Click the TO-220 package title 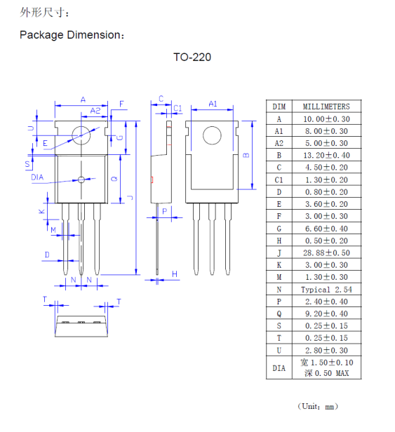[x=192, y=57]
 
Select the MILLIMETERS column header [x=326, y=107]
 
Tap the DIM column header [x=279, y=107]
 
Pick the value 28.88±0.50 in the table [x=326, y=252]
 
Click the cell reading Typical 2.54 [x=326, y=290]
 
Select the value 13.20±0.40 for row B [x=326, y=156]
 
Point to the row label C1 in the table [x=279, y=180]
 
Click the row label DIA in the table [x=279, y=368]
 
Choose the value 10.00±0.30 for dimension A [x=326, y=119]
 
